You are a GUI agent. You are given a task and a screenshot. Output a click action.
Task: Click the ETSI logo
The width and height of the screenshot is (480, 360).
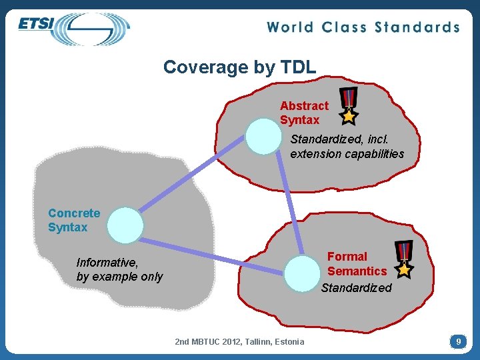click(73, 28)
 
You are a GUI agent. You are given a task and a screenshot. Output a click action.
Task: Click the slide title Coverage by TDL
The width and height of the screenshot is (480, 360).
click(239, 67)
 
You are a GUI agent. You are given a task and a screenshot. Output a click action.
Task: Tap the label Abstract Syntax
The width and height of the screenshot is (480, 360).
click(303, 113)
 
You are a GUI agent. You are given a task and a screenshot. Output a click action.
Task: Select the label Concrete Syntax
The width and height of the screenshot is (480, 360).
click(73, 220)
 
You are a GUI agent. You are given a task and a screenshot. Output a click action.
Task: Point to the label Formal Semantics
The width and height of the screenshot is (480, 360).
click(357, 263)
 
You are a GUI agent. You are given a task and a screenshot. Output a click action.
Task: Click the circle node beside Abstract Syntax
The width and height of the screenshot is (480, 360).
click(263, 136)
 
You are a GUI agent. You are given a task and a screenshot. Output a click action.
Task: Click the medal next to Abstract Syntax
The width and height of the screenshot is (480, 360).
click(348, 106)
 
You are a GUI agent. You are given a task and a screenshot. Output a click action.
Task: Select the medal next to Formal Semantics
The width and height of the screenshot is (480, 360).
click(403, 259)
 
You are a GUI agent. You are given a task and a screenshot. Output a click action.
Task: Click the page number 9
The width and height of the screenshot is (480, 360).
click(458, 341)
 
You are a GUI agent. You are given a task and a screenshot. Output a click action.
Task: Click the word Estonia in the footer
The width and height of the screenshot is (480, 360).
click(289, 342)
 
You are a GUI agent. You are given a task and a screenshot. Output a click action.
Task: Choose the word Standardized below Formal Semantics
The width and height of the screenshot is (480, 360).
click(357, 288)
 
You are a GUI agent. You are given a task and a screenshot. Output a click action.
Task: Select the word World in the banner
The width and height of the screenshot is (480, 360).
click(291, 27)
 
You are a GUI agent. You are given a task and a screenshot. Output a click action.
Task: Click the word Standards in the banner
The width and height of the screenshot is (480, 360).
click(417, 27)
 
